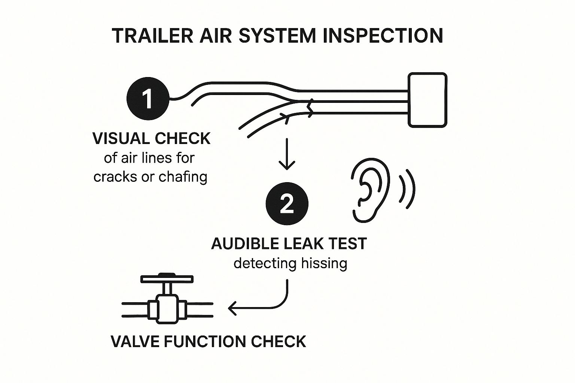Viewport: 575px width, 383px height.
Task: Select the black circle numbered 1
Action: (148, 99)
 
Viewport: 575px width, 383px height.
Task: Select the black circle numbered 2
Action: (287, 204)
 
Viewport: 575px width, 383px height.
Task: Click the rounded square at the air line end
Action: (428, 100)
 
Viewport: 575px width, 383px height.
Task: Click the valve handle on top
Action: (167, 279)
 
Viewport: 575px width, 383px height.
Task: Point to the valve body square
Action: (167, 309)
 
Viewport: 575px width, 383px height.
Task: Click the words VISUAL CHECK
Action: (151, 139)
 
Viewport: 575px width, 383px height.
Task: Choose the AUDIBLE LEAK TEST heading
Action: (289, 244)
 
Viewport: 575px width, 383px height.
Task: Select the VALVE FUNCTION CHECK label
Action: (209, 341)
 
